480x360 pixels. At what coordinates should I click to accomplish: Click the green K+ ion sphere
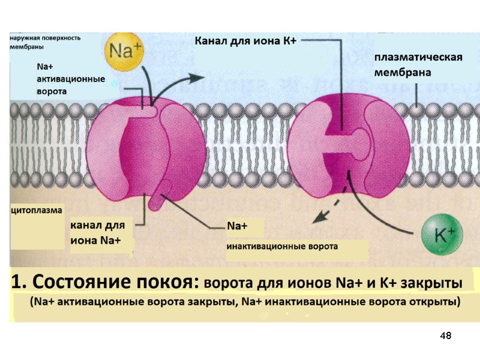click(x=442, y=234)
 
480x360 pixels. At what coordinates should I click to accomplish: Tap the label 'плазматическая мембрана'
click(x=418, y=65)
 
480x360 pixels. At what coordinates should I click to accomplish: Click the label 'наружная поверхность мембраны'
click(x=44, y=42)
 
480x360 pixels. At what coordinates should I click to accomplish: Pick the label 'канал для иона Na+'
click(x=98, y=233)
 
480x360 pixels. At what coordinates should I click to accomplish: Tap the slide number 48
click(x=445, y=335)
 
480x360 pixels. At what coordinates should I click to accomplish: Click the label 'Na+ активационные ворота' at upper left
click(x=71, y=79)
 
